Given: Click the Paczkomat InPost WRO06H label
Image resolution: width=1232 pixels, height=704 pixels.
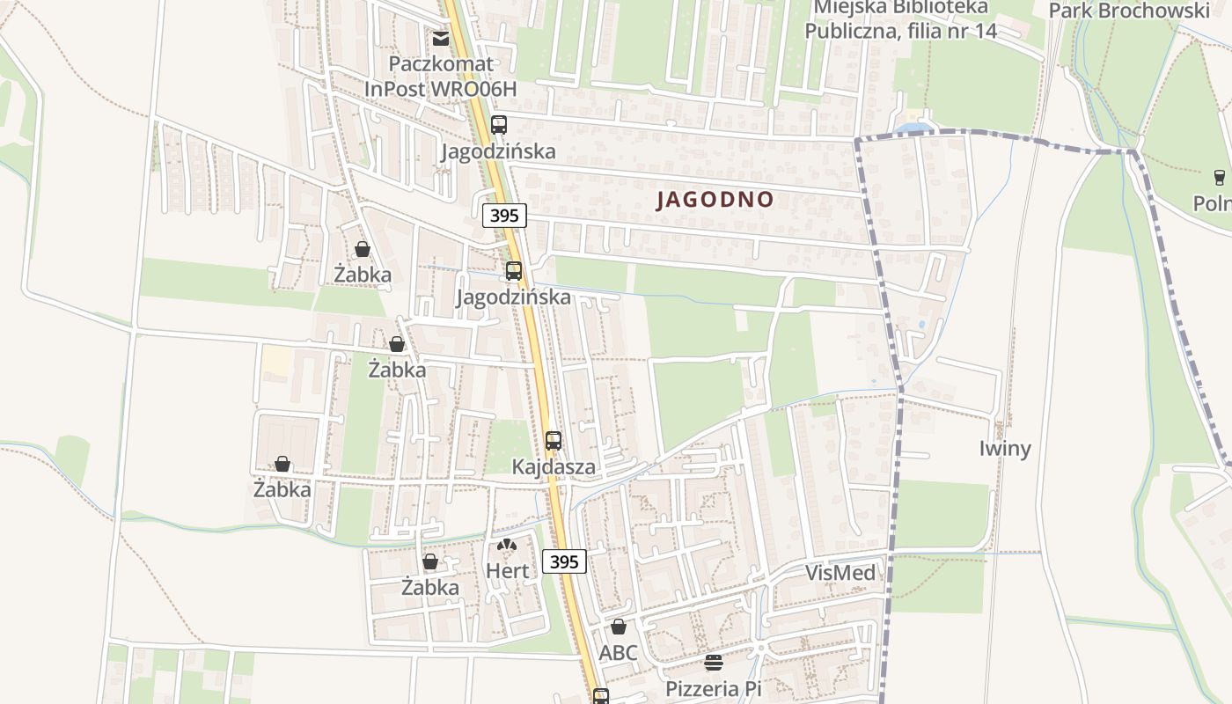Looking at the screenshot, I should coord(441,77).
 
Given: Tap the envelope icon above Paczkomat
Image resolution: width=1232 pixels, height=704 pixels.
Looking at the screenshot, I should coord(440,38).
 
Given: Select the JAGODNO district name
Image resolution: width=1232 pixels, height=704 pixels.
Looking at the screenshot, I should coord(715,200).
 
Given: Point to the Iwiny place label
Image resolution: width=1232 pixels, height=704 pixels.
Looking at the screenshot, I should coord(1005,448).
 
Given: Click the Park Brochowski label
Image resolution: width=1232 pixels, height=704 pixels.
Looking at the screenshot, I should coord(1129,11).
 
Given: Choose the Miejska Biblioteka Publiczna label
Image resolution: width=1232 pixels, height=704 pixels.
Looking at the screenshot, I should coord(900,19).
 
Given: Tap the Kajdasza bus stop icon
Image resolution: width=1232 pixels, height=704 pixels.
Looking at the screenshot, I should coord(554,441).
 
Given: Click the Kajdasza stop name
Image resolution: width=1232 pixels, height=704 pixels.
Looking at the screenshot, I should coord(554,466).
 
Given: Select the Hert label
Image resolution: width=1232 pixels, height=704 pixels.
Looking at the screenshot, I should coord(508,571).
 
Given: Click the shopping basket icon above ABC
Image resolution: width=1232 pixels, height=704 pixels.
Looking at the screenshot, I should coord(619,627).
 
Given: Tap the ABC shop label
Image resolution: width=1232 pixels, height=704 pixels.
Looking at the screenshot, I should coord(618,653).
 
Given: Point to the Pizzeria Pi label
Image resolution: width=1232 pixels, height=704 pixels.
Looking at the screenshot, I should coord(713,688).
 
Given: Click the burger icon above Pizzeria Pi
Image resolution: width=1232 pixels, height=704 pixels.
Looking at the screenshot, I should coord(713,663).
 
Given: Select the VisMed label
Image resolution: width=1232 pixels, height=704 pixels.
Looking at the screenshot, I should coord(840,574).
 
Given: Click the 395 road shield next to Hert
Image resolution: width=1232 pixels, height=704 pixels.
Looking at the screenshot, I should coord(563,561).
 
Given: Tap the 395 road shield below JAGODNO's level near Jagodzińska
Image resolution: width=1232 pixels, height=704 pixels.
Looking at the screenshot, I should coord(504,216).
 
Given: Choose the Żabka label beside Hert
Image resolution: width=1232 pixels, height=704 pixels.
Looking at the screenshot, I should coord(430,587).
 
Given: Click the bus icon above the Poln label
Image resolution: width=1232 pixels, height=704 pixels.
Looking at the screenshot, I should coord(1219,178).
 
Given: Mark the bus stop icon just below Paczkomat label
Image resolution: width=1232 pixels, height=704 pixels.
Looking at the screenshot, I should coord(499,125).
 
